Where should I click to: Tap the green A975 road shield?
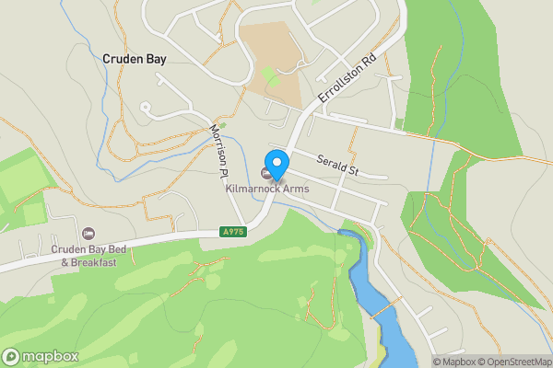[233, 233]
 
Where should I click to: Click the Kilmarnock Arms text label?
[267, 189]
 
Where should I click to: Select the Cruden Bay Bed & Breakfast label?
[88, 255]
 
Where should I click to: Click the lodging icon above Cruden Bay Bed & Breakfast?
[88, 232]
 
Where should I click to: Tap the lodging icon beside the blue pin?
[267, 174]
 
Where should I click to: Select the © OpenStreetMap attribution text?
[513, 362]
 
